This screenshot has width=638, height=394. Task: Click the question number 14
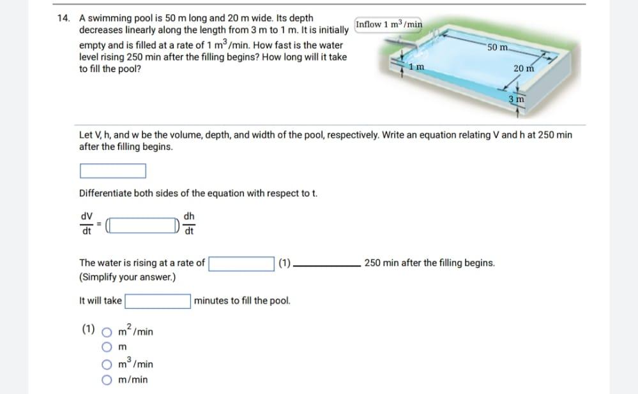point(64,18)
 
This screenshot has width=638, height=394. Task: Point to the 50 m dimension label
point(497,48)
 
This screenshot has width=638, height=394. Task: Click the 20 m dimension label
point(523,69)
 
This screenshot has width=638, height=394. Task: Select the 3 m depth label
point(516,99)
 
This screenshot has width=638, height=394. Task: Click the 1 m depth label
point(416,67)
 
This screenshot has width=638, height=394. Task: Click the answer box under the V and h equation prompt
point(113,171)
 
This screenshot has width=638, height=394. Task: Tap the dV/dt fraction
point(86,224)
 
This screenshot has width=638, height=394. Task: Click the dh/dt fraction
point(190,224)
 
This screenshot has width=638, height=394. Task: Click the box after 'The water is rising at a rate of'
point(241,263)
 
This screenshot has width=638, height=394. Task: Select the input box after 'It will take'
point(158,301)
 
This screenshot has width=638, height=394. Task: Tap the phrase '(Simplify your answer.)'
point(127,277)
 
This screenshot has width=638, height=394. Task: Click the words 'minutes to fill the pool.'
point(242,301)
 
